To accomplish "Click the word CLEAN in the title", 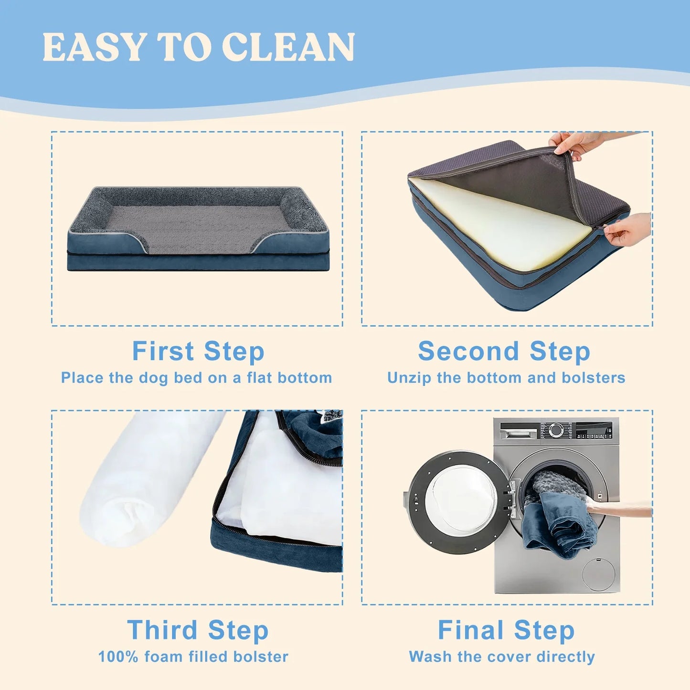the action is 288,47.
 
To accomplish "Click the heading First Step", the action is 198,351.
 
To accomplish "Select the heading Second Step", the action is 504,351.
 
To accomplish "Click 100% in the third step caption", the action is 118,657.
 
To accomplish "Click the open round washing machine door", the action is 459,502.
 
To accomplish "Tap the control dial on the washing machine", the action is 556,429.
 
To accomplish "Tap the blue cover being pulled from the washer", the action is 559,523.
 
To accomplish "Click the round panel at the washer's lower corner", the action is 598,575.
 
